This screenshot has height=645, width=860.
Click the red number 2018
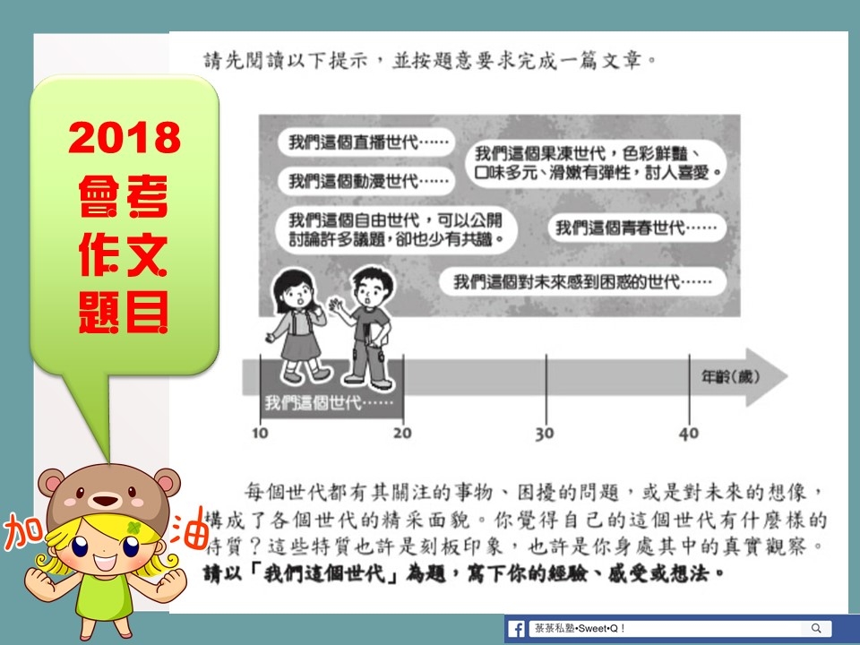pos(125,137)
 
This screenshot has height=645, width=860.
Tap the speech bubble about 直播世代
pos(367,142)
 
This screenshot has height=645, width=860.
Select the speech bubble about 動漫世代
pos(367,180)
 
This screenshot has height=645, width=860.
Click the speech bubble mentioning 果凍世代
pos(597,163)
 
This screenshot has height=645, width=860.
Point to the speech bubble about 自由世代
pos(397,229)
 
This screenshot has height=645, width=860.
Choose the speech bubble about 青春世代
pos(637,227)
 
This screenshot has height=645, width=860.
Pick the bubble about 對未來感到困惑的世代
pos(582,282)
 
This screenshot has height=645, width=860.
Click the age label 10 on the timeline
pos(260,434)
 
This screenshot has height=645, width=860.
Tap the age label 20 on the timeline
pos(402,434)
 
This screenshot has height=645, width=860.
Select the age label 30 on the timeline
pos(546,434)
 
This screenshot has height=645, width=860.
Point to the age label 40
pos(689,434)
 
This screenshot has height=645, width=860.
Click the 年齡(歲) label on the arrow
pos(730,377)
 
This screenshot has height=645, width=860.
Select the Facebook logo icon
pos(516,629)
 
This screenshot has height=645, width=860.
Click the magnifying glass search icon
pos(816,628)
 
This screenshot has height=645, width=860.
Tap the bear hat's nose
pos(105,500)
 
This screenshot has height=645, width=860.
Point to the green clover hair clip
pos(133,529)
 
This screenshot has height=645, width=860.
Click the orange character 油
pos(189,528)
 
